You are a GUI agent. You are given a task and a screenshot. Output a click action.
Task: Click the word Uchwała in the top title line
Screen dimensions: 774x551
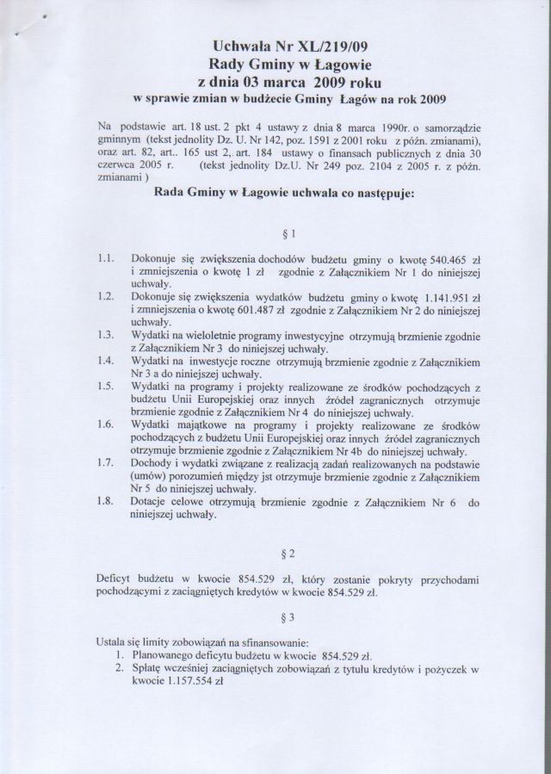[241, 46]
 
